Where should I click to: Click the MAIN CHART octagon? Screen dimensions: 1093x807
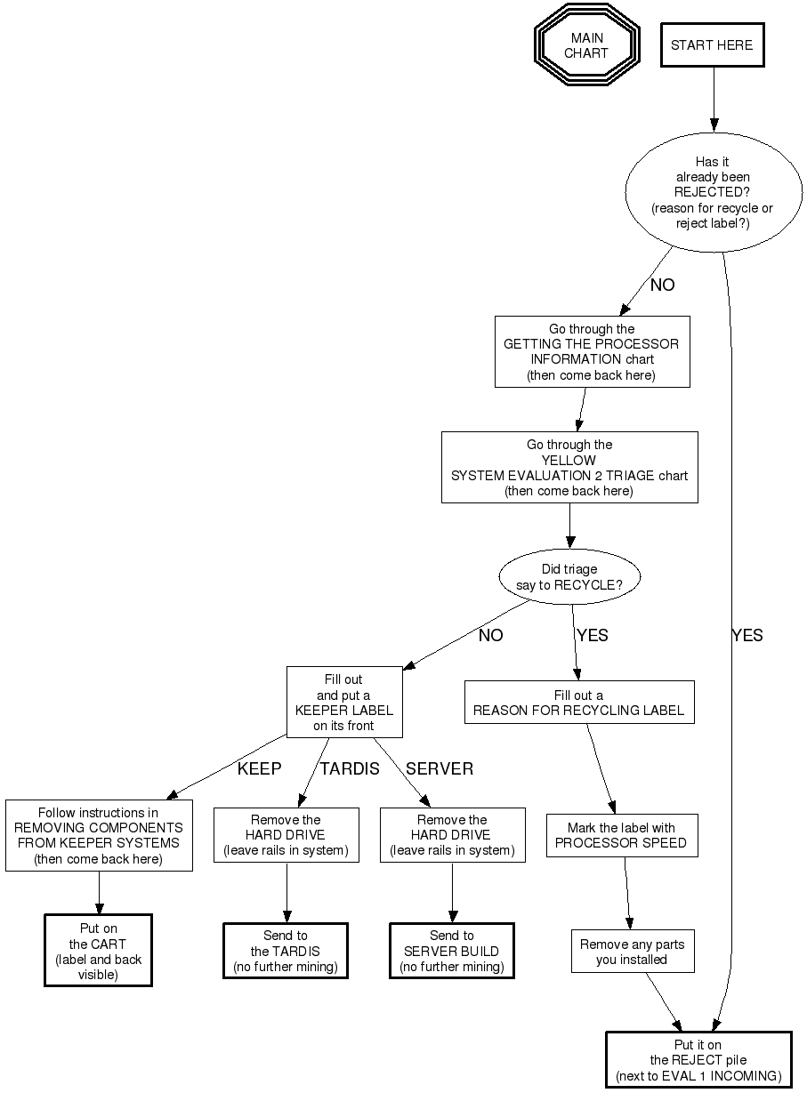[586, 45]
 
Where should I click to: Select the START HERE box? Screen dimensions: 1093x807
[712, 45]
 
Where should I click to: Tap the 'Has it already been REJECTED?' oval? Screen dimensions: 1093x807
[713, 192]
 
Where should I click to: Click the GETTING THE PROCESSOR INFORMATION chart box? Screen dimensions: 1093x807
[592, 352]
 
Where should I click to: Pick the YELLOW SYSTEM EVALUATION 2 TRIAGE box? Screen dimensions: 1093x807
[569, 468]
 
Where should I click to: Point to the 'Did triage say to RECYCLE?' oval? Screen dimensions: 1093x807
[569, 577]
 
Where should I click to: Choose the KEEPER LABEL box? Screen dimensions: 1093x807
[344, 703]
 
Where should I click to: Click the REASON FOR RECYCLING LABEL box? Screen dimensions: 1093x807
[578, 703]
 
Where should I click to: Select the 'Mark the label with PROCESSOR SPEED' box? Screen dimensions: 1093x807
[620, 835]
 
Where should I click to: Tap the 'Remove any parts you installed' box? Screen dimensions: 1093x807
[632, 952]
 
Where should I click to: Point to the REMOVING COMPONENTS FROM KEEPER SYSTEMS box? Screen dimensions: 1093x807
[98, 835]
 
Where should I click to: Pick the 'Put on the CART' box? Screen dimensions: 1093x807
[98, 951]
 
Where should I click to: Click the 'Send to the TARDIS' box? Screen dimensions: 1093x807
[286, 951]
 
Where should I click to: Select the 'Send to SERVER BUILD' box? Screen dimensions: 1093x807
[452, 951]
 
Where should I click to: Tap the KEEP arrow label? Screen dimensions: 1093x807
[259, 769]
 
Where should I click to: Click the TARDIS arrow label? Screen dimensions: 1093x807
[350, 769]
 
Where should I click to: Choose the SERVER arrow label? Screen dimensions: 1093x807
[440, 769]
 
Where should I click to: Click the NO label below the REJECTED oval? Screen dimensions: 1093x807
[663, 285]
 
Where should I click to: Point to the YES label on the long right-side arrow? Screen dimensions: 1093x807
[747, 636]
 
